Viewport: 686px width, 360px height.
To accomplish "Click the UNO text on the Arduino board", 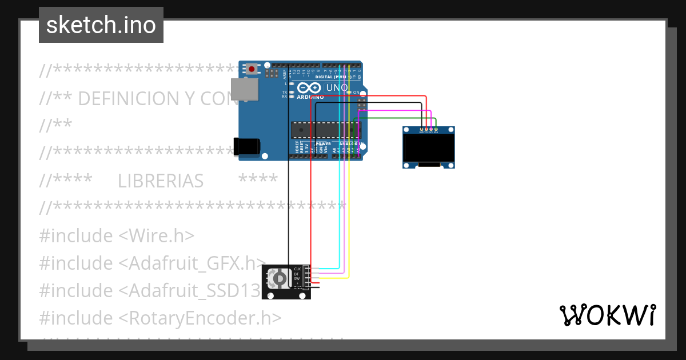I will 336,87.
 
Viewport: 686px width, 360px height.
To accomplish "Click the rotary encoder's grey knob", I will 280,278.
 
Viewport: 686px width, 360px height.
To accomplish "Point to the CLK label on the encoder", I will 297,269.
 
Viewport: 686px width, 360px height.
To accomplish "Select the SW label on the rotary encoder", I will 297,278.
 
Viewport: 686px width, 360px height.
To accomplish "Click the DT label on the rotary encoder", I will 296,274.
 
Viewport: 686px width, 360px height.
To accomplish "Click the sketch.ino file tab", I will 101,25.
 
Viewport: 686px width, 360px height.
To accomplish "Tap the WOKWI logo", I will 607,315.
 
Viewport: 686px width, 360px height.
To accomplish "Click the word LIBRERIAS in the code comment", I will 161,181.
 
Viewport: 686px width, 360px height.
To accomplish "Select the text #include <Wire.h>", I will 117,235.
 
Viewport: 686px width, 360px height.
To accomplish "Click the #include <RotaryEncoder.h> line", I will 161,318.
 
